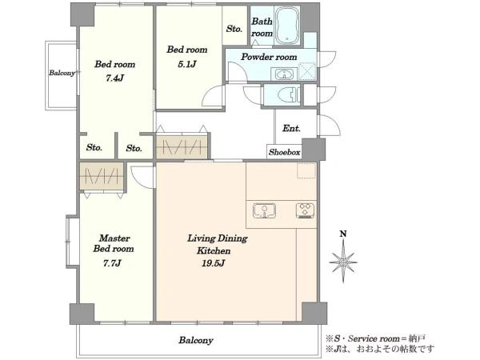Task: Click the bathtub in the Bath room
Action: click(288, 26)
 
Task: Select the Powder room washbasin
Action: click(284, 74)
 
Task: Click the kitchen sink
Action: click(265, 211)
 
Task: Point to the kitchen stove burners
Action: click(306, 211)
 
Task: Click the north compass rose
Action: click(343, 262)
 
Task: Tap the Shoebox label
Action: click(284, 152)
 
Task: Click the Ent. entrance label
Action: click(291, 128)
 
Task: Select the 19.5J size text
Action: click(214, 263)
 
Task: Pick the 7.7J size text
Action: click(112, 263)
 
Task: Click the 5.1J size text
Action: click(187, 64)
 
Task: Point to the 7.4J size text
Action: click(114, 78)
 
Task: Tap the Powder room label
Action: click(269, 57)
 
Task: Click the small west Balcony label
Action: click(62, 73)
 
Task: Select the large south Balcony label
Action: click(196, 340)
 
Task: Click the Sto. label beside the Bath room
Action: click(234, 29)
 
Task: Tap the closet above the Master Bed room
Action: click(102, 176)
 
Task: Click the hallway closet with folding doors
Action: click(182, 147)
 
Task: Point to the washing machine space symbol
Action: click(308, 71)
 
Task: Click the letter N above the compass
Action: click(343, 234)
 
